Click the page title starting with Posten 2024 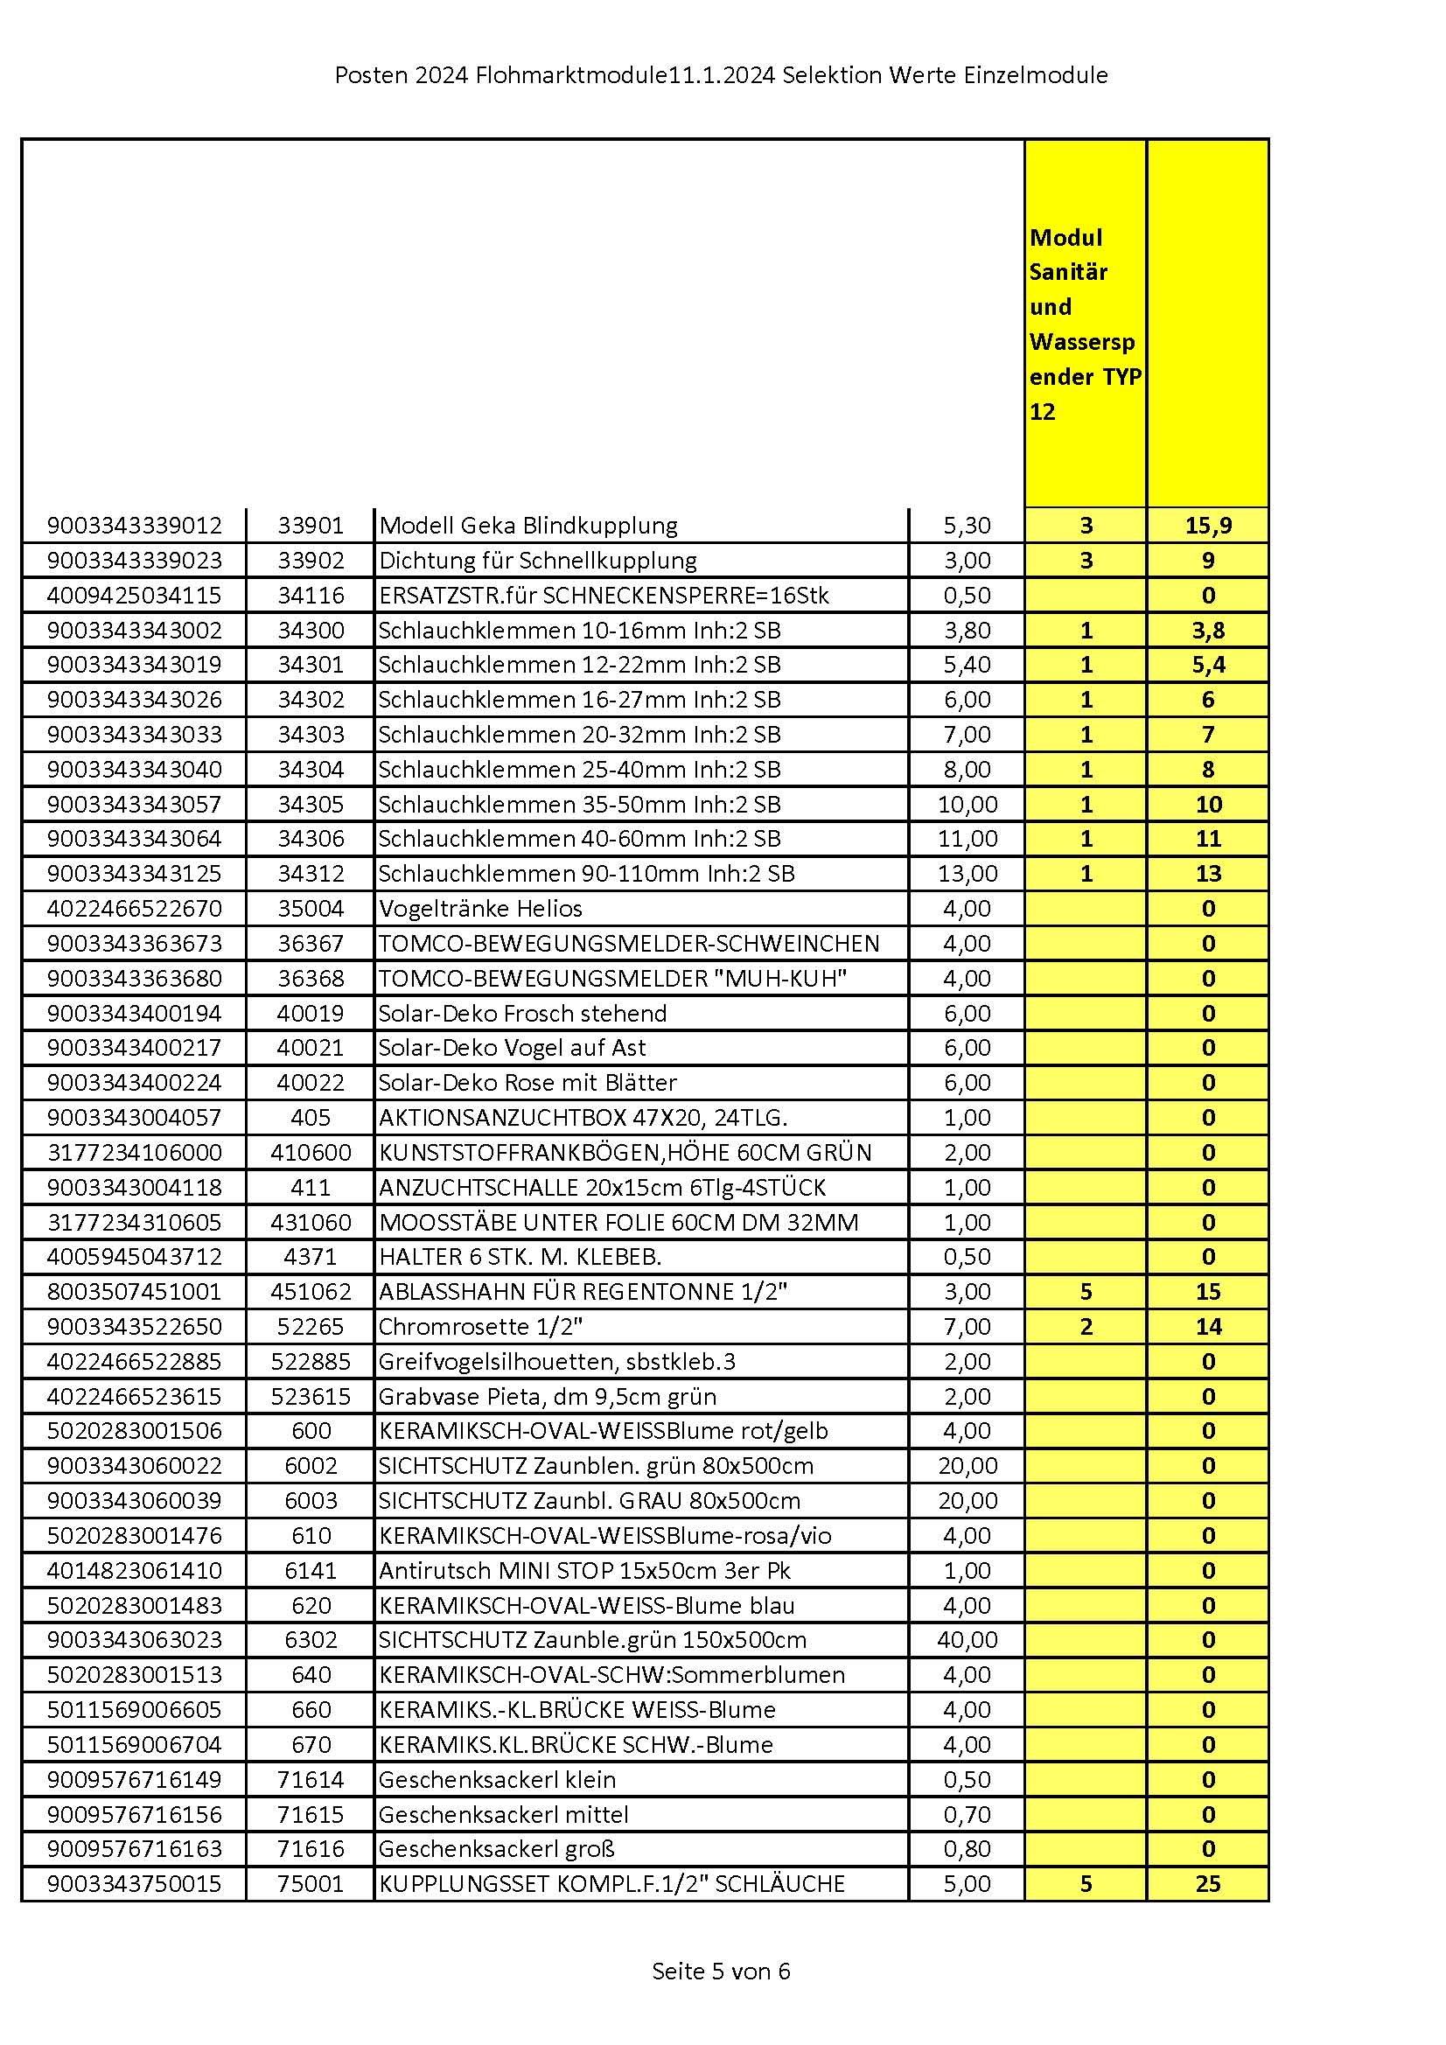pyautogui.click(x=721, y=76)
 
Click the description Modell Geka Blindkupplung pyautogui.click(x=528, y=526)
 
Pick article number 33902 pyautogui.click(x=310, y=561)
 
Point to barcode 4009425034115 pyautogui.click(x=134, y=595)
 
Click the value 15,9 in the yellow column pyautogui.click(x=1207, y=526)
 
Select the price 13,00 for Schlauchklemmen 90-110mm pyautogui.click(x=967, y=873)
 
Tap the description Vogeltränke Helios pyautogui.click(x=480, y=909)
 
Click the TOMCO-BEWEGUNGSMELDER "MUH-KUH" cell pyautogui.click(x=612, y=978)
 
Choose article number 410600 pyautogui.click(x=310, y=1153)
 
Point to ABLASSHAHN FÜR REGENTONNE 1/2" pyautogui.click(x=583, y=1292)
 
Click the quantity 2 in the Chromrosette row pyautogui.click(x=1086, y=1326)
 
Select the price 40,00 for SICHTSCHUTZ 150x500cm pyautogui.click(x=967, y=1640)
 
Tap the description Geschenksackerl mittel pyautogui.click(x=503, y=1814)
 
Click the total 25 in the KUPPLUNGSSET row pyautogui.click(x=1207, y=1884)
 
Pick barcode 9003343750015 pyautogui.click(x=134, y=1884)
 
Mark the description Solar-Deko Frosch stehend pyautogui.click(x=522, y=1013)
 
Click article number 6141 pyautogui.click(x=310, y=1570)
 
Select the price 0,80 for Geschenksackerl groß pyautogui.click(x=967, y=1849)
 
